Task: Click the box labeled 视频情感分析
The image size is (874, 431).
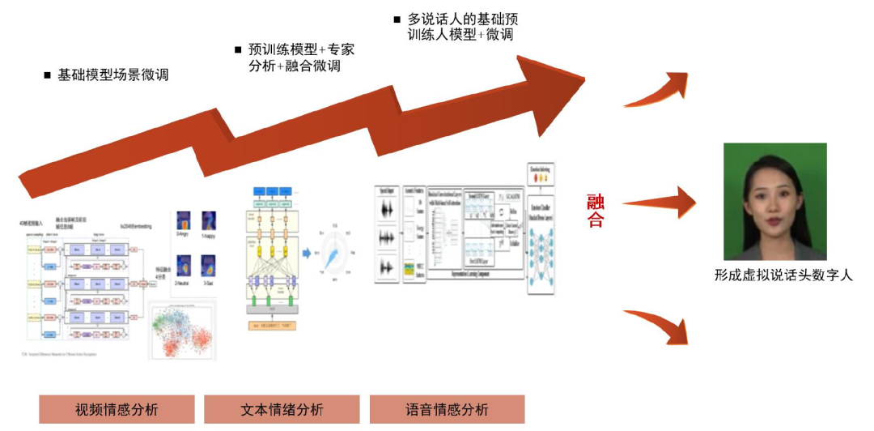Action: point(117,409)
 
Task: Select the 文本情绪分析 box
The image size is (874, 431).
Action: point(282,409)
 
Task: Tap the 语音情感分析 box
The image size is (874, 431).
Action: point(447,409)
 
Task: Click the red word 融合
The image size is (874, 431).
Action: point(596,210)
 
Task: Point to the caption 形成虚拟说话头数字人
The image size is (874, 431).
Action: point(783,275)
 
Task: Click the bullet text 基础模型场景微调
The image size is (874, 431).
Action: point(112,75)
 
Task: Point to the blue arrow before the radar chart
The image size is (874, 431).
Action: point(307,253)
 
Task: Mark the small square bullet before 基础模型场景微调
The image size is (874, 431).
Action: point(47,76)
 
